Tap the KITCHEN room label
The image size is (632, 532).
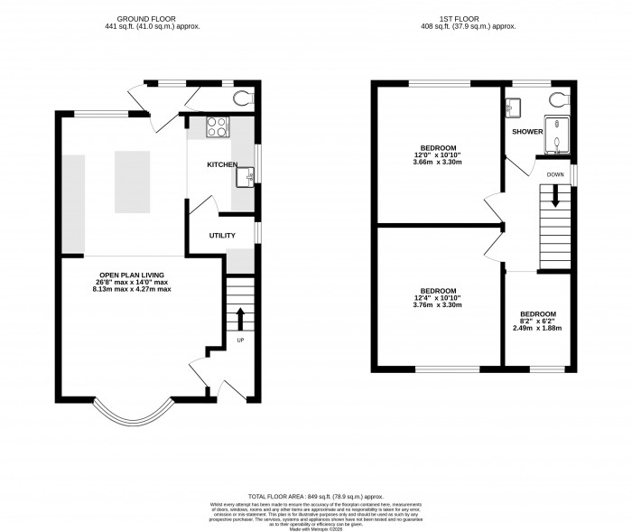point(221,165)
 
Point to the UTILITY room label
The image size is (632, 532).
point(221,236)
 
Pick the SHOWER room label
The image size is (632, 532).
point(526,132)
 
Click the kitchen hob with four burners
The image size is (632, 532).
point(218,127)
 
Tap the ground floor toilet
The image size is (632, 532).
point(242,98)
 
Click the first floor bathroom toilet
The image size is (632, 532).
point(556,99)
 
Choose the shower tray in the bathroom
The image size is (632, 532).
point(555,132)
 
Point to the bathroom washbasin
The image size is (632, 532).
point(515,107)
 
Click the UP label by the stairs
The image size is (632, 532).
point(240,341)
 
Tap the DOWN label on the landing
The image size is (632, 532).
point(555,174)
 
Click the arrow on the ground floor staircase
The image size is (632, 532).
point(240,319)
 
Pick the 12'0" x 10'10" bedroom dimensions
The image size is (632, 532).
point(438,154)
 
